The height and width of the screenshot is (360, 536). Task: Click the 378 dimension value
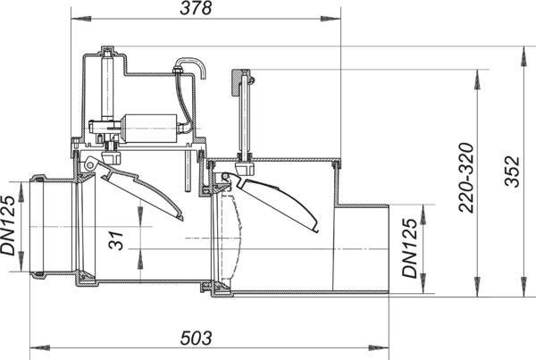[x=196, y=8]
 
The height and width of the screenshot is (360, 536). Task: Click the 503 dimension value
[x=196, y=339]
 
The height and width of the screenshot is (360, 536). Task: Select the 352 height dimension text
[x=513, y=172]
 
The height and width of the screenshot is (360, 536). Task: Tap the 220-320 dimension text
[x=466, y=178]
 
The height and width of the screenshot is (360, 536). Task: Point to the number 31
[x=116, y=240]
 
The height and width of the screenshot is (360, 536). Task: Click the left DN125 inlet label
[x=8, y=226]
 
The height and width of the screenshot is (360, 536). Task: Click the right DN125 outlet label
[x=409, y=248]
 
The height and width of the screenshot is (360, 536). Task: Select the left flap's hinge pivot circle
[x=90, y=165]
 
